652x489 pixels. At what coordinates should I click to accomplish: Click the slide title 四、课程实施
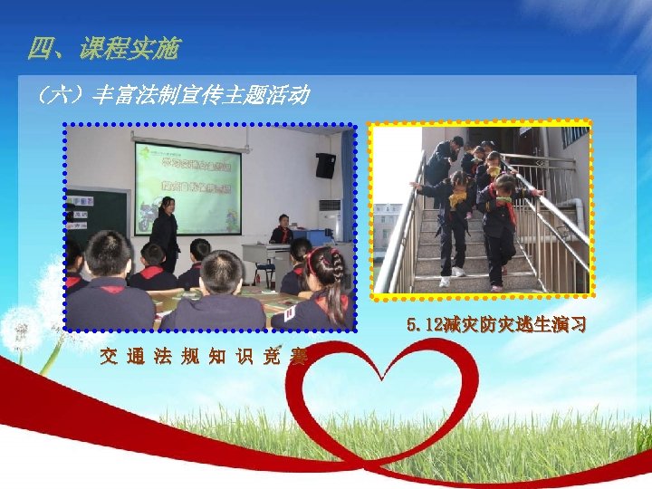tap(103, 49)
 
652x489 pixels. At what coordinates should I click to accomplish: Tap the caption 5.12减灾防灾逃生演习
tap(496, 323)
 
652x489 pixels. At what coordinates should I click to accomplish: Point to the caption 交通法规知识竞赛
tap(205, 356)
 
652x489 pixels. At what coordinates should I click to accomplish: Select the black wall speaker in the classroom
tap(325, 165)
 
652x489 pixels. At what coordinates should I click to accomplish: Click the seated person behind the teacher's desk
tap(282, 230)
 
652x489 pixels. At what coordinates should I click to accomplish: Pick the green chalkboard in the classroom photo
tap(98, 216)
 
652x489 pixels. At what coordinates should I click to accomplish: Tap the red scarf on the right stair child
tap(510, 210)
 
